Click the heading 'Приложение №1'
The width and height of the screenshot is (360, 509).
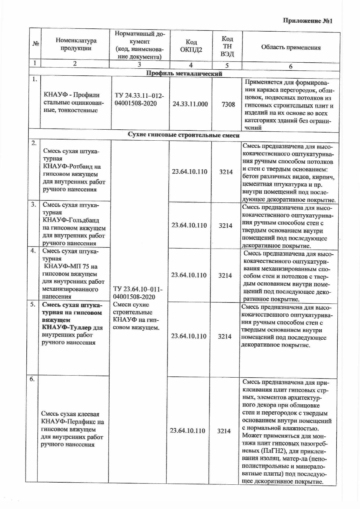(307, 21)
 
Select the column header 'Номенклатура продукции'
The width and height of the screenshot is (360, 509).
(76, 44)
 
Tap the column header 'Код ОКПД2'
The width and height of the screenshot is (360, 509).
(191, 46)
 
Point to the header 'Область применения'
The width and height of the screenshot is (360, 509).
(291, 48)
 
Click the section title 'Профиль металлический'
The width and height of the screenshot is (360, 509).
(184, 74)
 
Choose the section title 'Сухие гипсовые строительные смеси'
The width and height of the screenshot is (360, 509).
(184, 135)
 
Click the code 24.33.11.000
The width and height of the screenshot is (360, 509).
(190, 104)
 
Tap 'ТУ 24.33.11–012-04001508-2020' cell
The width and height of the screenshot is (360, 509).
(139, 100)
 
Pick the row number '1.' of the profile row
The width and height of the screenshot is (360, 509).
(34, 79)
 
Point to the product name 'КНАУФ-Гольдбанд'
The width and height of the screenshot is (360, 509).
(71, 220)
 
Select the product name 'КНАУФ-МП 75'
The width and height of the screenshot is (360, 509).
(70, 266)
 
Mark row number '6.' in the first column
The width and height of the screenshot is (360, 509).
(32, 379)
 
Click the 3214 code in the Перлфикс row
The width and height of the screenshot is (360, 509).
(224, 431)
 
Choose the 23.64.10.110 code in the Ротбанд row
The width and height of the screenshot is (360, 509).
(190, 172)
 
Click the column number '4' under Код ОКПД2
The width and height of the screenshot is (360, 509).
(191, 65)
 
